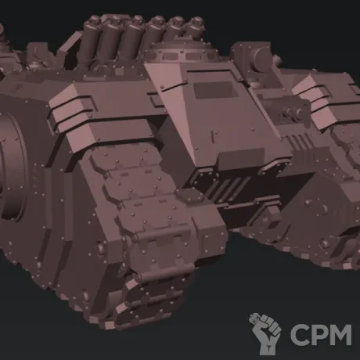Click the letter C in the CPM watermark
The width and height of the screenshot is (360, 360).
299,335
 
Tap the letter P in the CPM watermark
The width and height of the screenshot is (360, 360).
319,335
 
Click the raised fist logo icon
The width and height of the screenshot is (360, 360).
265,333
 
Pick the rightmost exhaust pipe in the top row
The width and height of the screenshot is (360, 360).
193,30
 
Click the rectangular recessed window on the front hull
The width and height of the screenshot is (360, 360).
213,90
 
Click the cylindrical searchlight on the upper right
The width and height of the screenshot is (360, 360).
261,58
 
